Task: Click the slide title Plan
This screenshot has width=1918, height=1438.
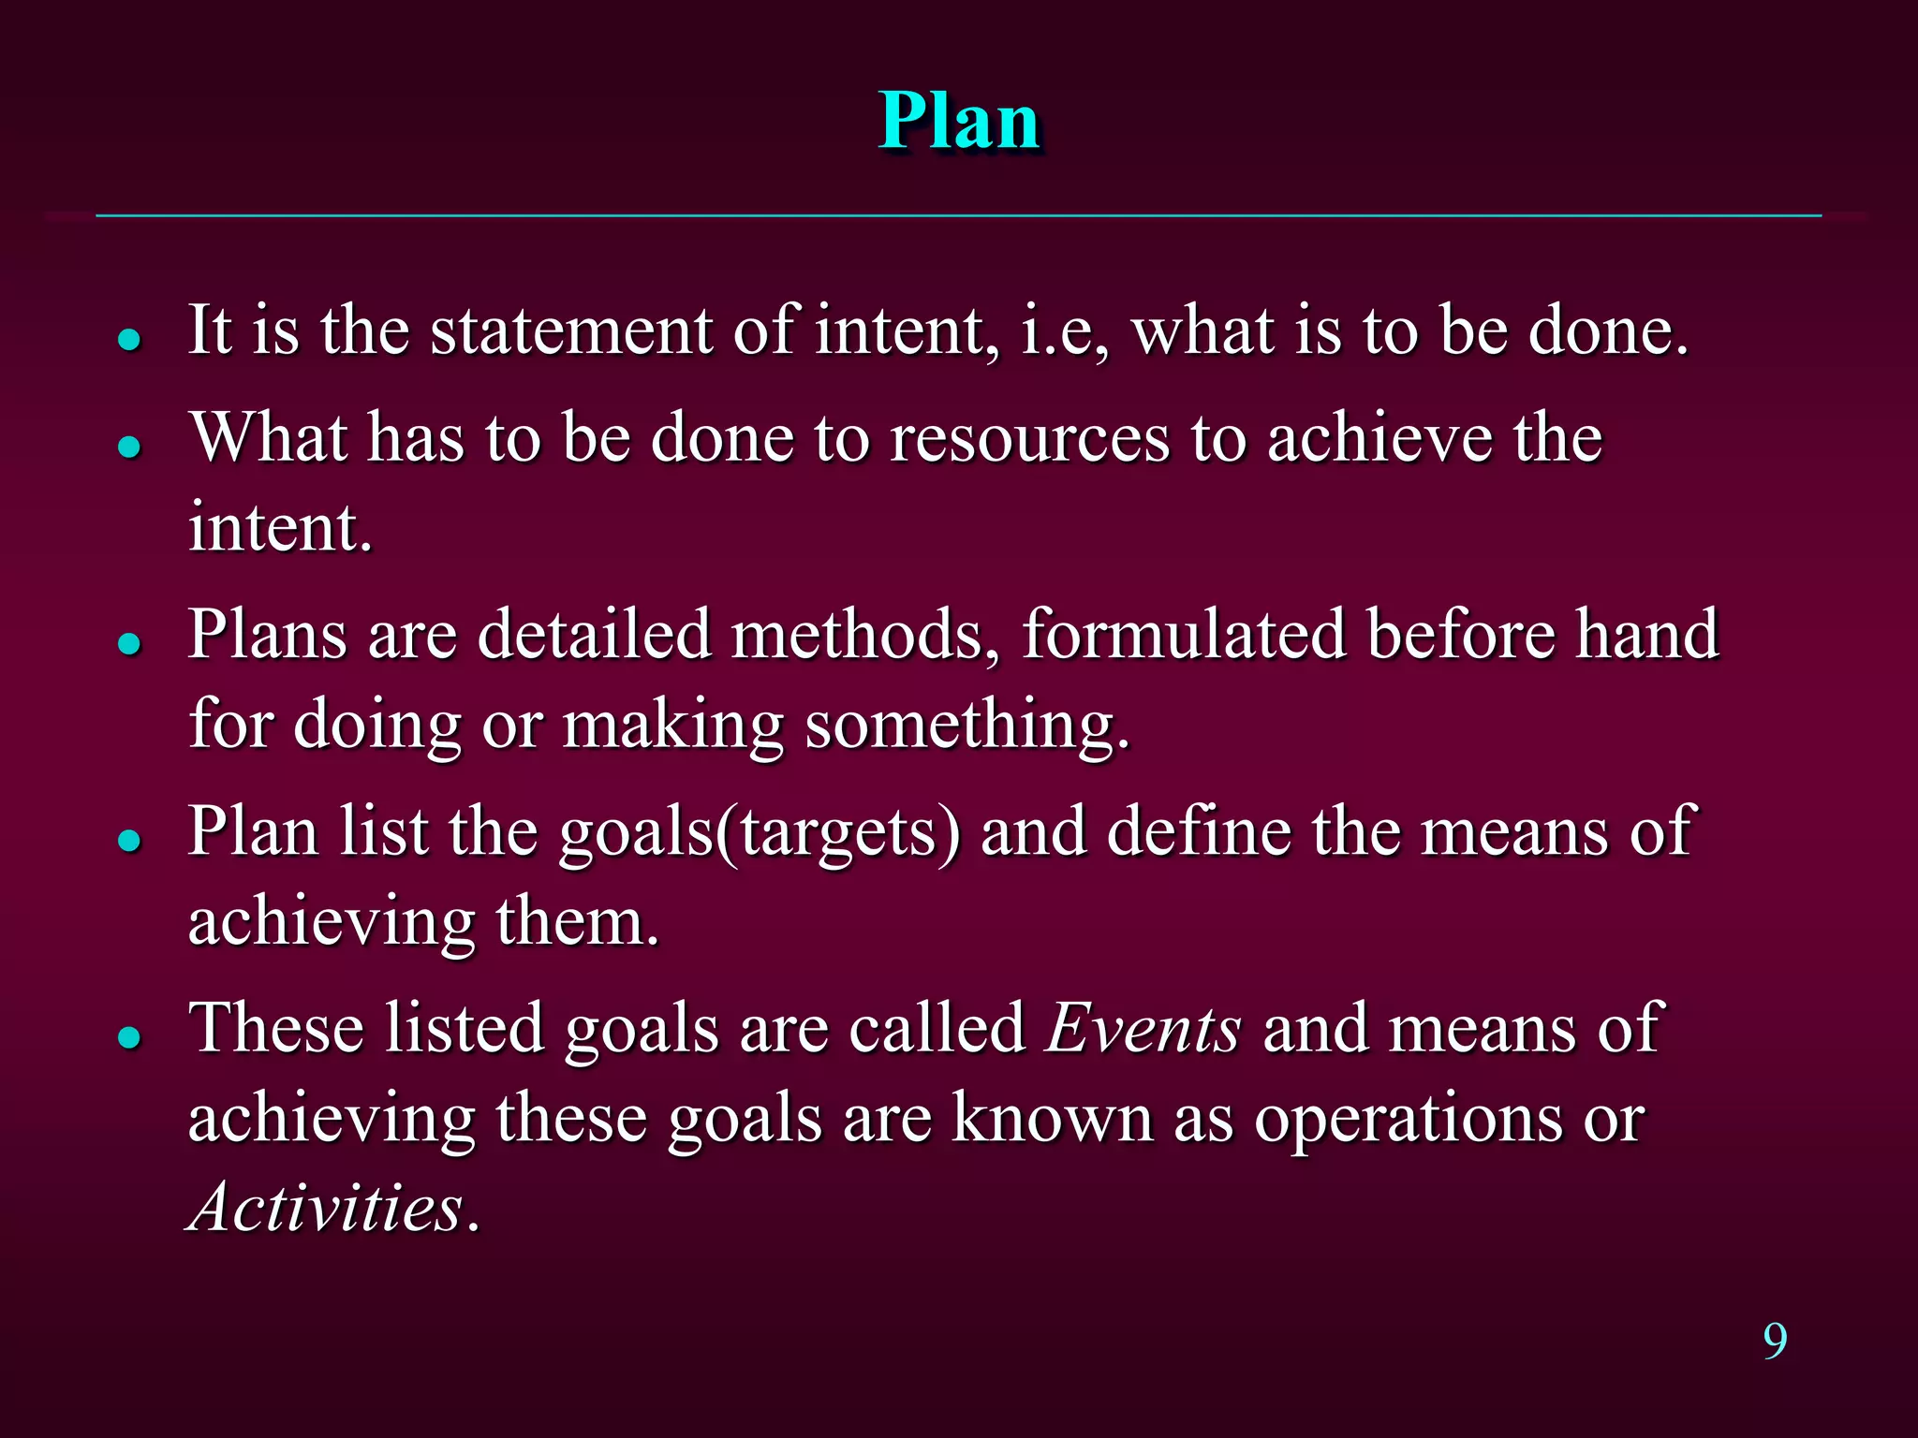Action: pyautogui.click(x=959, y=122)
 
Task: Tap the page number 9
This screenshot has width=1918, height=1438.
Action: pyautogui.click(x=1775, y=1341)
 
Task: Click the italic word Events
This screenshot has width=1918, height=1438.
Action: pyautogui.click(x=1143, y=1029)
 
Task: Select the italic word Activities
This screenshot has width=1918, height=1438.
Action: pyautogui.click(x=326, y=1207)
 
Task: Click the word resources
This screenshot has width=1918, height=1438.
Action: pyautogui.click(x=1029, y=438)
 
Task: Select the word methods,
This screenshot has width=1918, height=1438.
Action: pyautogui.click(x=866, y=635)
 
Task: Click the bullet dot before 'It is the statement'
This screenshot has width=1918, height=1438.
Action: pyautogui.click(x=129, y=339)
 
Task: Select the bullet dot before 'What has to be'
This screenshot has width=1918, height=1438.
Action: pyautogui.click(x=129, y=447)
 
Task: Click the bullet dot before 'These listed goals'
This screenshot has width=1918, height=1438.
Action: pyautogui.click(x=129, y=1037)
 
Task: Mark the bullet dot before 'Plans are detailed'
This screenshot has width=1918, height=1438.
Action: pyautogui.click(x=129, y=643)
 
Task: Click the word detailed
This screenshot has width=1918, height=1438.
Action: pyautogui.click(x=594, y=635)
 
